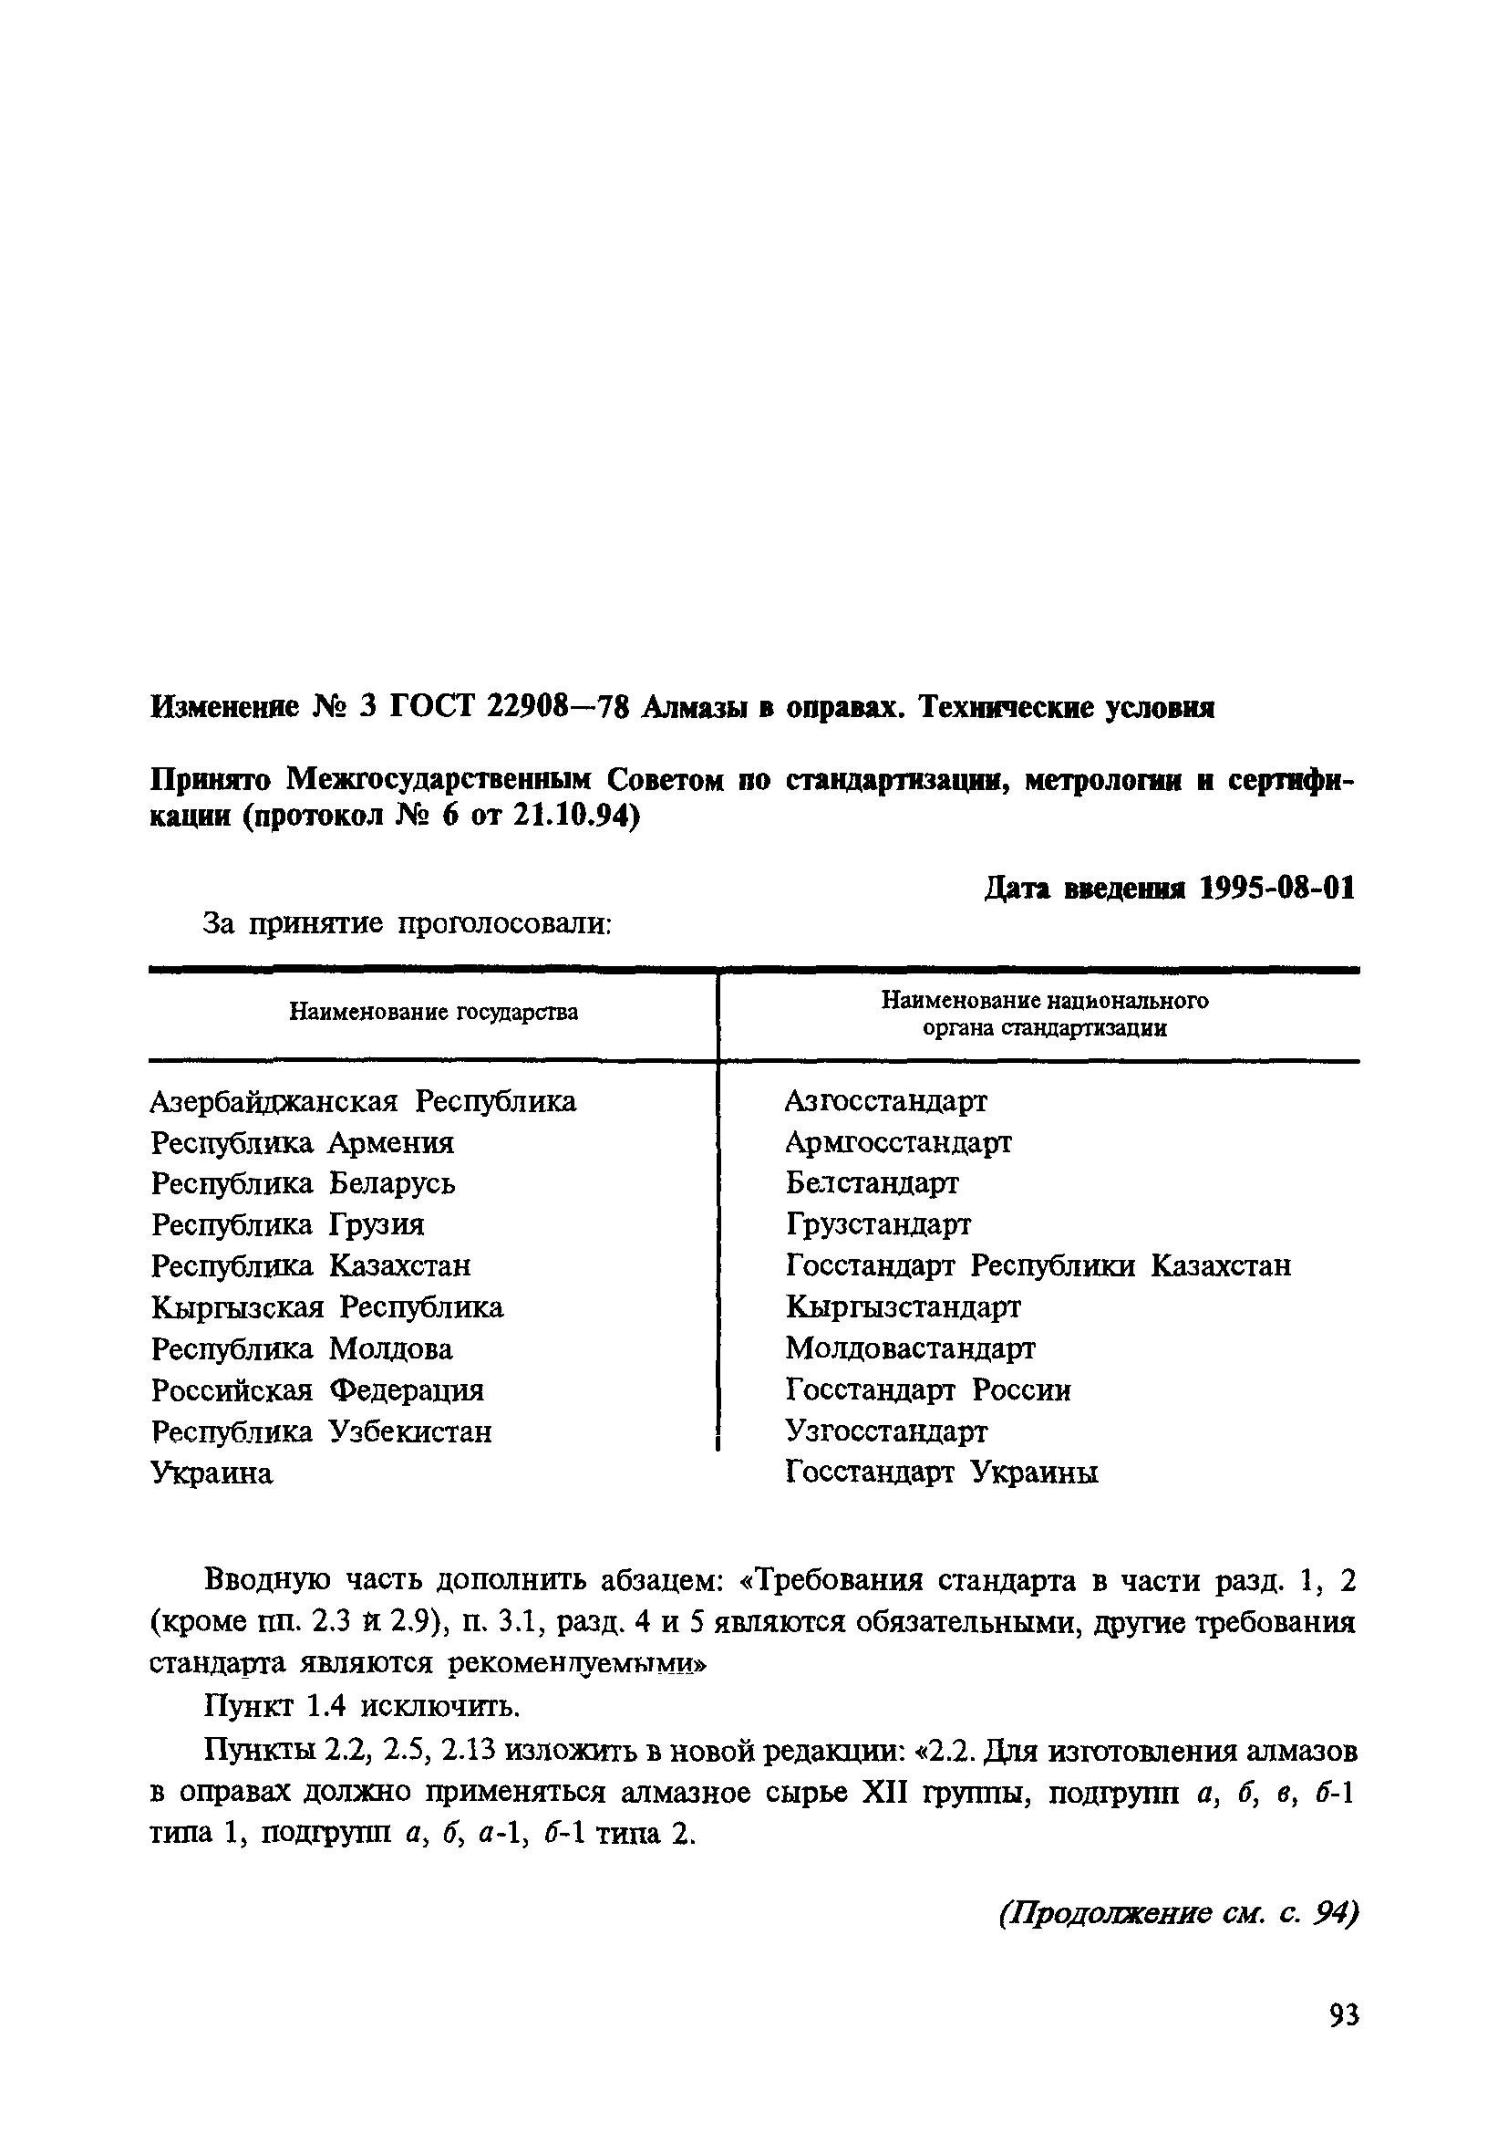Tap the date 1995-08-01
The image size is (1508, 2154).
1276,889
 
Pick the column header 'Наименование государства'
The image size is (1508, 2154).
433,1013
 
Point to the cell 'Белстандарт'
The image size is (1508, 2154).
873,1183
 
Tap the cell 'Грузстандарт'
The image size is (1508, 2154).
879,1224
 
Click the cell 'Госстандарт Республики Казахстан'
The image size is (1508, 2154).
1038,1265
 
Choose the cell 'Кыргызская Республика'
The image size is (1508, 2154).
327,1306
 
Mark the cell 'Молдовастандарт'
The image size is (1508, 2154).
911,1348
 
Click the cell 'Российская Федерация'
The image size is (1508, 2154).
318,1389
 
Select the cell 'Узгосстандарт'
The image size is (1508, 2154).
886,1431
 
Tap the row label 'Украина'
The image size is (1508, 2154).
212,1472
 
